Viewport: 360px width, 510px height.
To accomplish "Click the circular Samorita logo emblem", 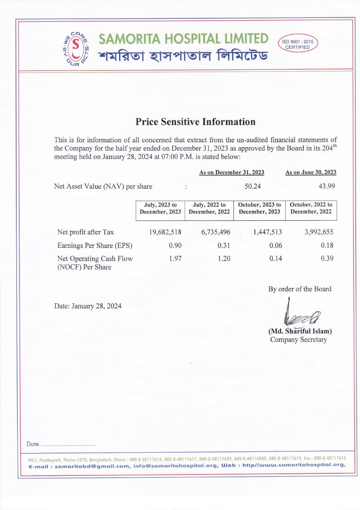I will pyautogui.click(x=76, y=49).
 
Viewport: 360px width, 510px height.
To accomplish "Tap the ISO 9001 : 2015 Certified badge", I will pyautogui.click(x=297, y=44).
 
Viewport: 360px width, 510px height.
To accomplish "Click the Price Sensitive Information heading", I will pyautogui.click(x=196, y=122).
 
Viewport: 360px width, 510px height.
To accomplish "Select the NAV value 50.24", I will pyautogui.click(x=252, y=186).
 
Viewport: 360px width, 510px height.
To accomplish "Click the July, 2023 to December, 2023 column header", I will pyautogui.click(x=160, y=208).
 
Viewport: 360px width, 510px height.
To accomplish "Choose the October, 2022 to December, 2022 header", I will pyautogui.click(x=311, y=208).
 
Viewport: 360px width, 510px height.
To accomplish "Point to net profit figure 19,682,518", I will pyautogui.click(x=165, y=232).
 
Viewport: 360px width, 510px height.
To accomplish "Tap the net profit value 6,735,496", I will pyautogui.click(x=215, y=232).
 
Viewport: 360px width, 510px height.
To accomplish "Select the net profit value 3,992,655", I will pyautogui.click(x=318, y=232).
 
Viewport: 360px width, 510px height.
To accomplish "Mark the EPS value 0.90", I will pyautogui.click(x=175, y=245).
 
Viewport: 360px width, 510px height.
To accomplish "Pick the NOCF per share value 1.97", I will pyautogui.click(x=175, y=258).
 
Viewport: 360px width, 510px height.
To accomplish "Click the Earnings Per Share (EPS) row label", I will pyautogui.click(x=95, y=245).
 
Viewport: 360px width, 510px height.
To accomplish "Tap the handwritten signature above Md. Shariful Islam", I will pyautogui.click(x=301, y=315).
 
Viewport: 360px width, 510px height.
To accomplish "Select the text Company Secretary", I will pyautogui.click(x=298, y=339).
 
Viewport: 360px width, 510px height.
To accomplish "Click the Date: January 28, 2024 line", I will pyautogui.click(x=88, y=306).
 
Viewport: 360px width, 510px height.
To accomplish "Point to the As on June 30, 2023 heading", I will pyautogui.click(x=311, y=172).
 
